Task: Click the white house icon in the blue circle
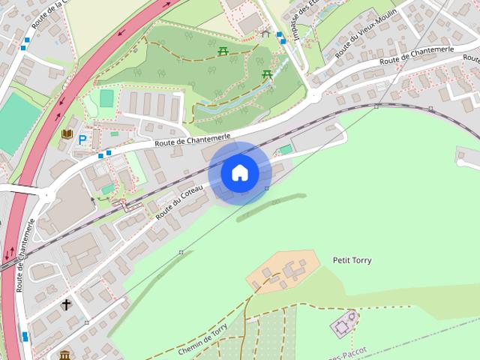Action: [x=239, y=173]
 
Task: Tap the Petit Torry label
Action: [x=352, y=260]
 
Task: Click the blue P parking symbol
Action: [x=82, y=139]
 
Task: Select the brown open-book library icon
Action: [x=67, y=134]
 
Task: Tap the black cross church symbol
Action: [x=66, y=304]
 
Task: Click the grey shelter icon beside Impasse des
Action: [x=264, y=32]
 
